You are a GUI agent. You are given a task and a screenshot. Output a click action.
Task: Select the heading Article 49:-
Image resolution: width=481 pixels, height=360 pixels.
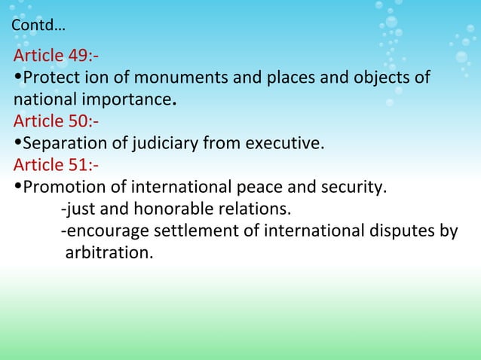(57, 56)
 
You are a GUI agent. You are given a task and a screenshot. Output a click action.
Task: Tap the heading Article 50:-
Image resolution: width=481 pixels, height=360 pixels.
(57, 121)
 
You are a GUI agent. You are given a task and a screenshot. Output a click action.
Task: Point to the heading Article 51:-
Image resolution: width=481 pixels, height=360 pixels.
(56, 164)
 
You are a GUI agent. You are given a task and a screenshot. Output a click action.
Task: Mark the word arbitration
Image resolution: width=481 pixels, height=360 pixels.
(109, 252)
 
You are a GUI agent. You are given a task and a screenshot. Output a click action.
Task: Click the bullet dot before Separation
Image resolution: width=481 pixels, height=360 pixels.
(17, 142)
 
